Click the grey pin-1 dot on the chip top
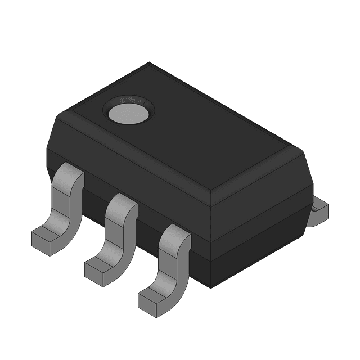pos(128,112)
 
